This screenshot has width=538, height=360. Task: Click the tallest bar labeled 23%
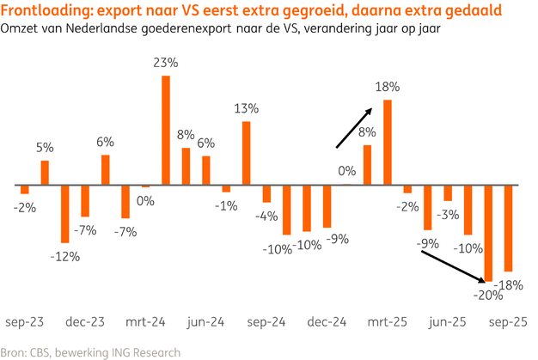coord(166,130)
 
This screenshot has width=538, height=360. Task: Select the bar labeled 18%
coord(388,142)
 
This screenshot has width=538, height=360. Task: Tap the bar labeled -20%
coord(489,232)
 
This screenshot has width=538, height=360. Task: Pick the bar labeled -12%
coord(64,213)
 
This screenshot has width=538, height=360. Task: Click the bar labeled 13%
coord(247,153)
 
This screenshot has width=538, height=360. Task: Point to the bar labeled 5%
coord(45,172)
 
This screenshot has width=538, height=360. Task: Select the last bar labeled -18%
coord(509,228)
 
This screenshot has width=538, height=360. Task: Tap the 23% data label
coord(166,63)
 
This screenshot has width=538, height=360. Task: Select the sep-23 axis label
coord(25,322)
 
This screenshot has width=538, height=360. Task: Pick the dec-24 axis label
coord(328,322)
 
